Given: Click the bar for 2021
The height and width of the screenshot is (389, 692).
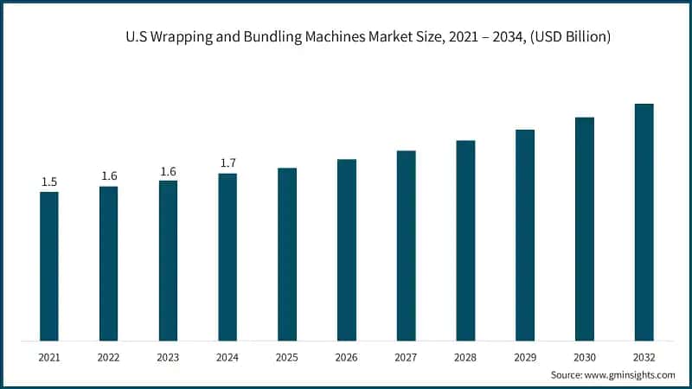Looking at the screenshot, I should coord(49,266).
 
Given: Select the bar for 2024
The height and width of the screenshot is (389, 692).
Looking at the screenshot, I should coord(227,257).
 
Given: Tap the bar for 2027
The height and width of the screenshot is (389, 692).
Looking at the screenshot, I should coord(406,246).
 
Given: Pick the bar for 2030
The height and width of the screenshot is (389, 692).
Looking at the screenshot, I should coord(585,229).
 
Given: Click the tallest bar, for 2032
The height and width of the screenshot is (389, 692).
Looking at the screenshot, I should coord(644,222).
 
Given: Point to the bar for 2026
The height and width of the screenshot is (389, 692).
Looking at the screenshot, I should coord(347,250).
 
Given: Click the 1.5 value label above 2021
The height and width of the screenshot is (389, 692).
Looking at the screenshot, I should coord(49,182).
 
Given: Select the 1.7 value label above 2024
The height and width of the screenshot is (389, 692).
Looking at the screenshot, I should coord(227,163).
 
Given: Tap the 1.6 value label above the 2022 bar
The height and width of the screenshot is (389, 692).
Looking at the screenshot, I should coord(109,176).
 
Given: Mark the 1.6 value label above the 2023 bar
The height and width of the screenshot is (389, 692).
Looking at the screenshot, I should coord(168,171).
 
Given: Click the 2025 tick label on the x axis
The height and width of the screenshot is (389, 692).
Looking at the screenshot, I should coord(287,357).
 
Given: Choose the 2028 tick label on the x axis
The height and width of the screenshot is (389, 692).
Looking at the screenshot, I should coord(465,357).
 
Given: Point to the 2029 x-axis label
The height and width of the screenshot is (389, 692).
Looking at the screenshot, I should coord(525,357).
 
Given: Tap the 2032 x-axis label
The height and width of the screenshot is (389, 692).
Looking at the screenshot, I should coord(644,357).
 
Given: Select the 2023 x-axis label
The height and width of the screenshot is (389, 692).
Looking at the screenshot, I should coord(168,357).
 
